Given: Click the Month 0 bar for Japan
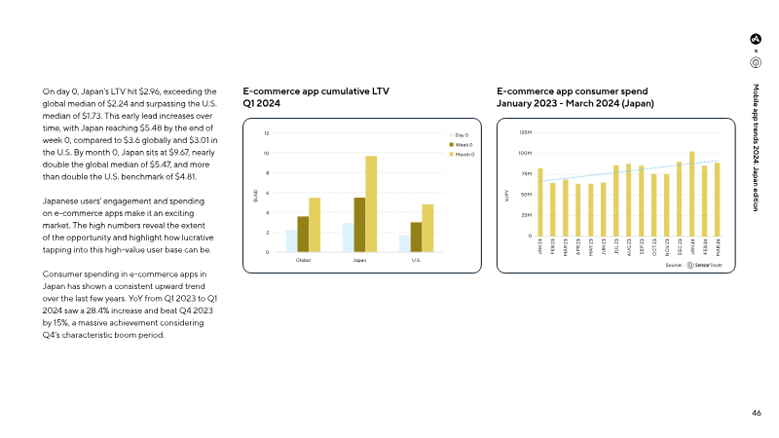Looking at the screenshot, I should [x=371, y=204].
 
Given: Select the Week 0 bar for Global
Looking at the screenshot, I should [x=303, y=235].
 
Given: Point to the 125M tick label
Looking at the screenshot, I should [x=525, y=132].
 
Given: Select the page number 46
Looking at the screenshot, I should [x=756, y=412].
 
